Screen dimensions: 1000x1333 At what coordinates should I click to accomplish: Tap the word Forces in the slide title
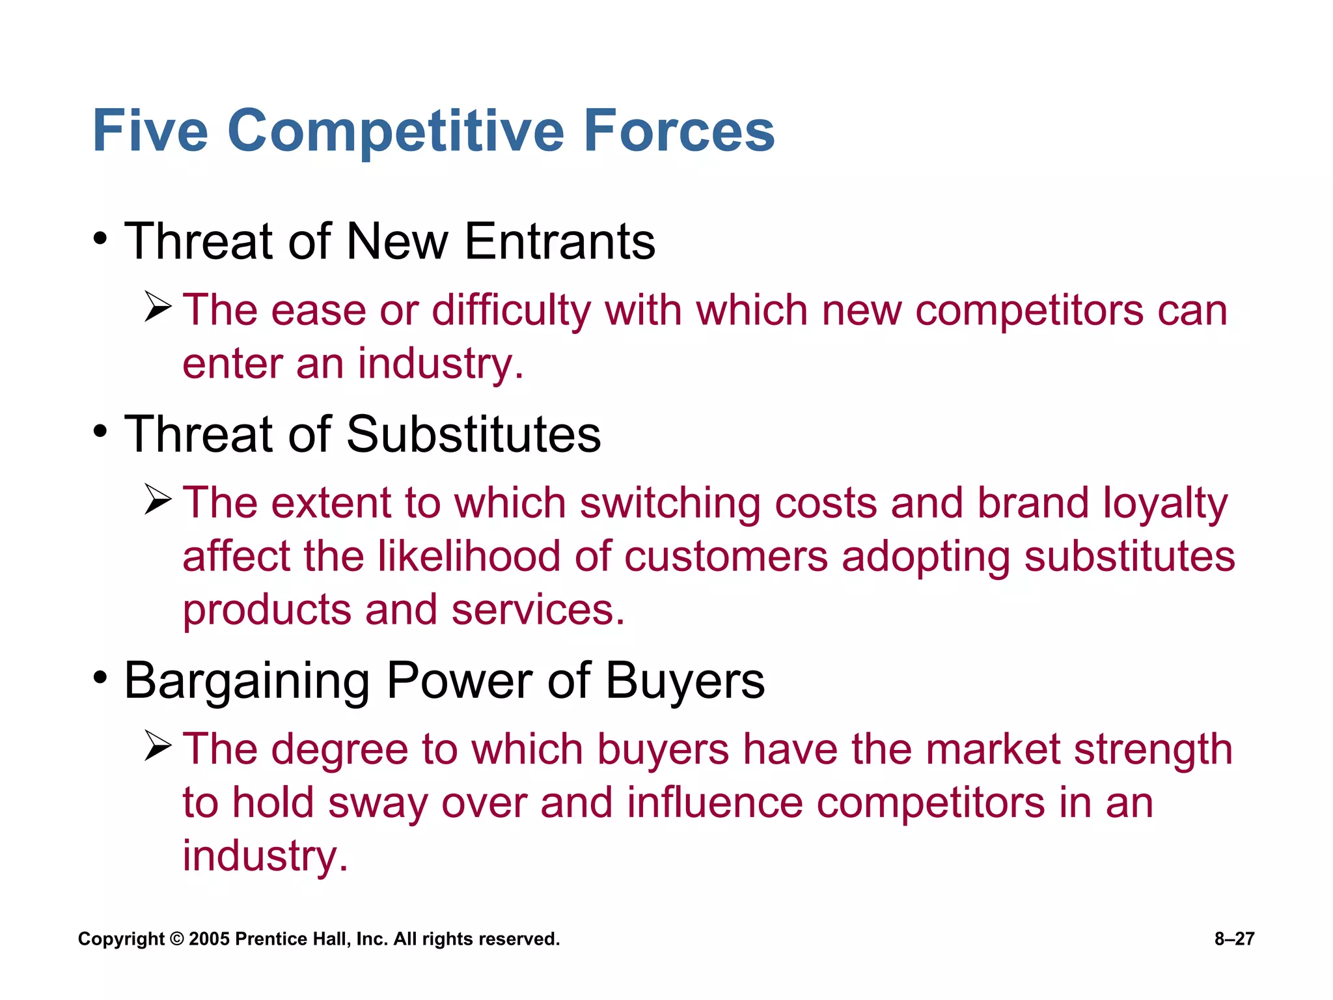point(679,132)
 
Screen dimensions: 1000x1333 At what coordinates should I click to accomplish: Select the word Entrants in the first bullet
point(560,242)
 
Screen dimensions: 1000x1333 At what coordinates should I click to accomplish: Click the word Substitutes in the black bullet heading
point(473,435)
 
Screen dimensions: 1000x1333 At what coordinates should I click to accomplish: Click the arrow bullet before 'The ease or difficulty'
point(158,307)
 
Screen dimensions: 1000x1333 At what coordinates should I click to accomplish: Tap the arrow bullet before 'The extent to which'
point(158,500)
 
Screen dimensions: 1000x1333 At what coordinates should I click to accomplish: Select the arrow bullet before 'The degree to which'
point(158,746)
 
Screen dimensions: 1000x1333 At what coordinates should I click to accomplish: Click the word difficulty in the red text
point(512,311)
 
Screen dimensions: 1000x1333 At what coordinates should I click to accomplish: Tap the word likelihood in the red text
point(469,557)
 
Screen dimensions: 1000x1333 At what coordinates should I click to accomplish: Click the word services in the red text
point(538,611)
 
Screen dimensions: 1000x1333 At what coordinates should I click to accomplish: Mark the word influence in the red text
point(715,803)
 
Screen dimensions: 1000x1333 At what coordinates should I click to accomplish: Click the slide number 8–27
point(1234,939)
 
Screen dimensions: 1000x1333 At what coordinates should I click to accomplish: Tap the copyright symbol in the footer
point(176,939)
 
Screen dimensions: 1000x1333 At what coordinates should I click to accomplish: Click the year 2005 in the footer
point(209,939)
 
